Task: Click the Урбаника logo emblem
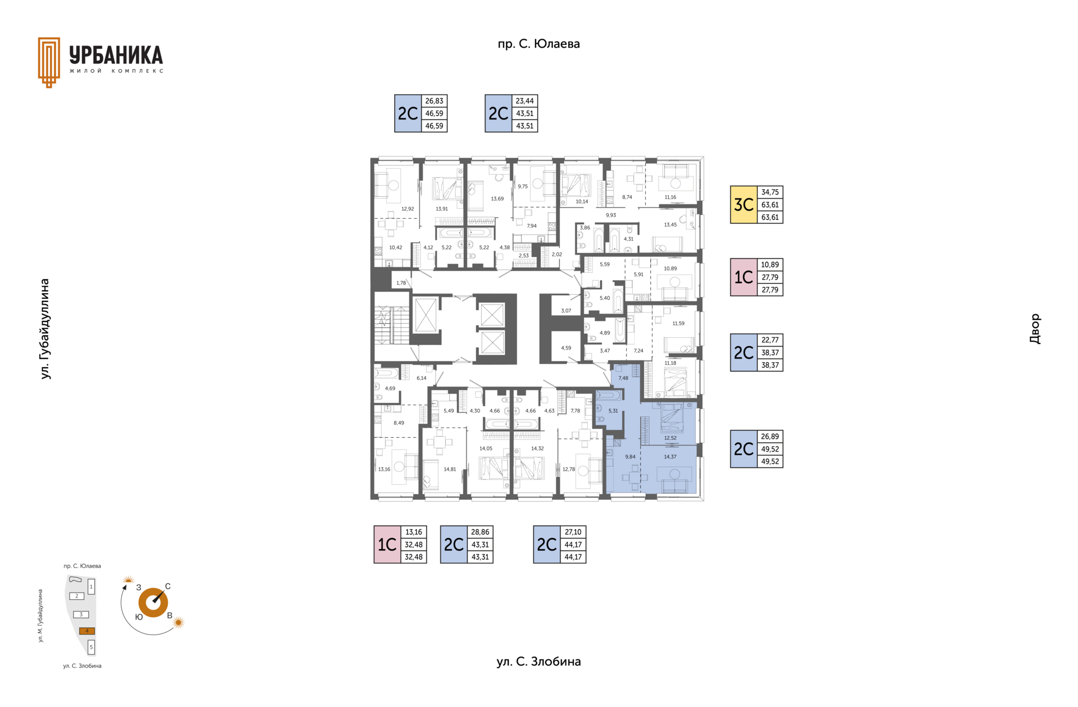pos(49,62)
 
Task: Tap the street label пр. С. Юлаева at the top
pos(538,44)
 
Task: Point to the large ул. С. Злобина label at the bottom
pos(538,662)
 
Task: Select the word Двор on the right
pos(1035,329)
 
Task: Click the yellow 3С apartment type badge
pos(743,205)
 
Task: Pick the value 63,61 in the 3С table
pos(770,205)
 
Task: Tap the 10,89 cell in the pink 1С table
pos(770,265)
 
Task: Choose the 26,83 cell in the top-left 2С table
pos(434,101)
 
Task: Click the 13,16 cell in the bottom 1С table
pos(414,532)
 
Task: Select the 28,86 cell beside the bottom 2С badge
pos(480,532)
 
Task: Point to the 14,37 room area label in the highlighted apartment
pos(670,457)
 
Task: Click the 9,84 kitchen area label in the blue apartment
pos(631,457)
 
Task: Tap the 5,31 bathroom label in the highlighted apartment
pos(613,411)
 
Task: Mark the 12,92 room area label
pos(408,209)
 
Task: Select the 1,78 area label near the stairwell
pos(401,283)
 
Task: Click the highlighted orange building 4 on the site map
pos(86,631)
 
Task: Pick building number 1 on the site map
pos(91,587)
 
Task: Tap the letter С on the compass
pos(167,586)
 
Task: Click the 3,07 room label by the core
pos(566,311)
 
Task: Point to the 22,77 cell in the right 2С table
pos(770,340)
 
